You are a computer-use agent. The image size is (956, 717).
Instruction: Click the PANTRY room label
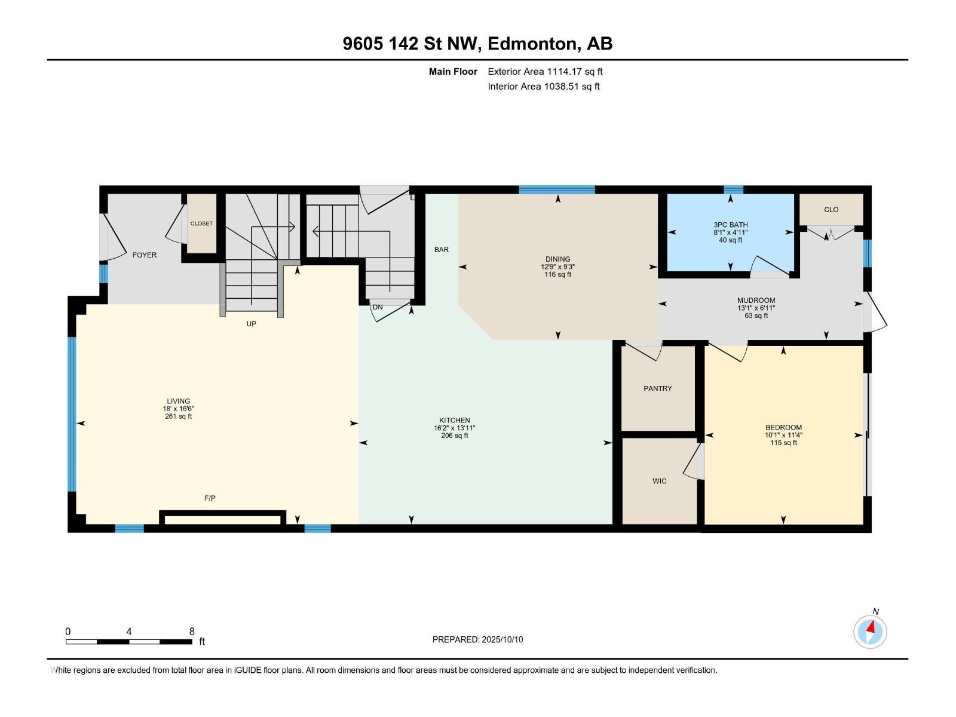point(658,388)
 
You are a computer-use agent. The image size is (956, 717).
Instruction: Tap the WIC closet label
point(659,481)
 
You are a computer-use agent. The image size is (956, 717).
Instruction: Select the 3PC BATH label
point(730,225)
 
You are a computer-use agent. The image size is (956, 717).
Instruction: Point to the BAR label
point(442,250)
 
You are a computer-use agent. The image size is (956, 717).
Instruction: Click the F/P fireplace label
point(210,498)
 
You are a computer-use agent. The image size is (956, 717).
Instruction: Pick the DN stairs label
point(378,307)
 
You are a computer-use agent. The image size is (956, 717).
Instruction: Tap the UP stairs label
point(251,324)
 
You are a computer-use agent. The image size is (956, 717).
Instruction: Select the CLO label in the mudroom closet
point(831,210)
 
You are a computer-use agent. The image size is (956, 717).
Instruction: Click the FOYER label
point(145,255)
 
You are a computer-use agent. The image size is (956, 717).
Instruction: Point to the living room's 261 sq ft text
point(178,416)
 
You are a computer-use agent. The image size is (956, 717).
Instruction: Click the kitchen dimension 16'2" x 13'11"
point(454,428)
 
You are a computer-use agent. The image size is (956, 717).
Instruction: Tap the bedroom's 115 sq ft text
point(783,443)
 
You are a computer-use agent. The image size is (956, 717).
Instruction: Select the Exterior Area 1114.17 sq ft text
point(545,72)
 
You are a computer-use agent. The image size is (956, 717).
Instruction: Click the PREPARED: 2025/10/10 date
point(477,639)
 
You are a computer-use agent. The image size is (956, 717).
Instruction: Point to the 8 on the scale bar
point(192,632)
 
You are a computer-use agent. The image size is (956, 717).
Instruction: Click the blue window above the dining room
point(557,190)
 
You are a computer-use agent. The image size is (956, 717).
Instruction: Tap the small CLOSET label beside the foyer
point(201,223)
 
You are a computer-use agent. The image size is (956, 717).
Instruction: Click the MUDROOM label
point(756,301)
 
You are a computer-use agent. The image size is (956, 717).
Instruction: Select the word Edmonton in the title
point(532,44)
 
